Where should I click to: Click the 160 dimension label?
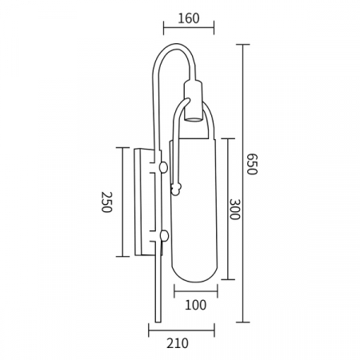[x=189, y=18]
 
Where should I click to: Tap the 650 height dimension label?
[x=252, y=164]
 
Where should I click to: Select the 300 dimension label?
[x=234, y=209]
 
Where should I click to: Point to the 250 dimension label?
[x=106, y=202]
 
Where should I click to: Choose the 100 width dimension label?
[x=196, y=305]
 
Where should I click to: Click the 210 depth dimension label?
[x=178, y=343]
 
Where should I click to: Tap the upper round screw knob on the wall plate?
[x=163, y=167]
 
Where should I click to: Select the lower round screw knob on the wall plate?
[x=164, y=236]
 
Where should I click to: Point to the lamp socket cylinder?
[x=194, y=101]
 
